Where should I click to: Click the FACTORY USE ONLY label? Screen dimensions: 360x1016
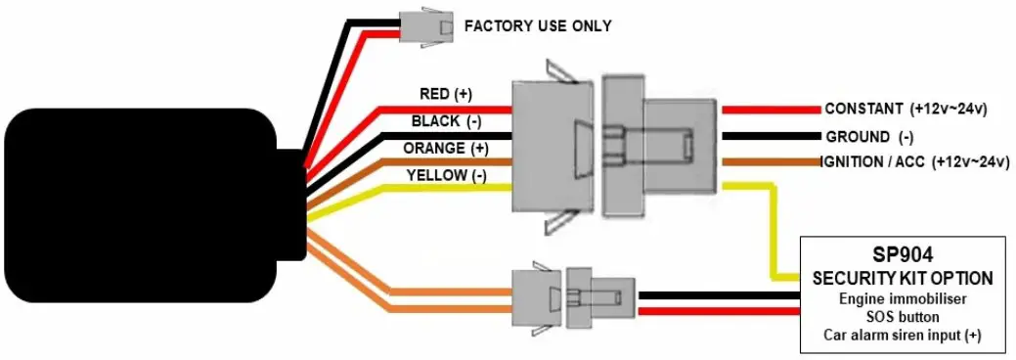538,25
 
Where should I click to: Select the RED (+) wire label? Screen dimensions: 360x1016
445,94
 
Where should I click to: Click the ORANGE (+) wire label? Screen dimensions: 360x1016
445,149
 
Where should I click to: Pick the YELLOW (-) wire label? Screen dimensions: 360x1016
445,176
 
